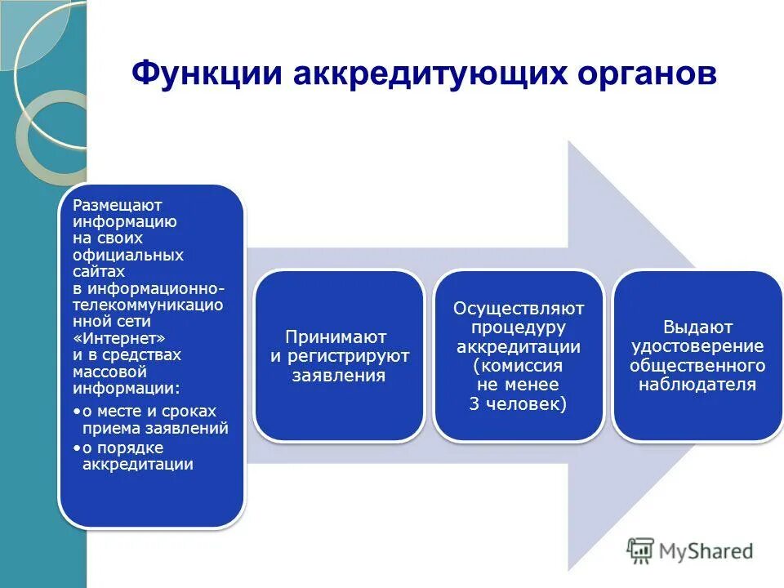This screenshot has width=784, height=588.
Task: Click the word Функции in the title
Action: click(x=207, y=73)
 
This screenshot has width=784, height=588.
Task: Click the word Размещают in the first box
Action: click(x=118, y=205)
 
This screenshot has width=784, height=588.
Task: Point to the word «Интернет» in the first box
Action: click(x=118, y=338)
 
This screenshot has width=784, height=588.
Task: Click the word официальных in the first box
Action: click(x=128, y=255)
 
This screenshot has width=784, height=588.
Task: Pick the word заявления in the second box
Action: click(x=339, y=376)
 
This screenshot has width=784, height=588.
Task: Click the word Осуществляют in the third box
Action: click(x=519, y=309)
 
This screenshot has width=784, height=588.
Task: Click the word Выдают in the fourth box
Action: click(x=697, y=327)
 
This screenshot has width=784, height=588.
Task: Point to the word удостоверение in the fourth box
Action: click(x=697, y=346)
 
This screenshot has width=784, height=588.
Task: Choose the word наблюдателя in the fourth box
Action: click(x=697, y=385)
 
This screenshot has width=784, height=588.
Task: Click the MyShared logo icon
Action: click(x=642, y=551)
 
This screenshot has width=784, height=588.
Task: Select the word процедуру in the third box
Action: click(x=519, y=327)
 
